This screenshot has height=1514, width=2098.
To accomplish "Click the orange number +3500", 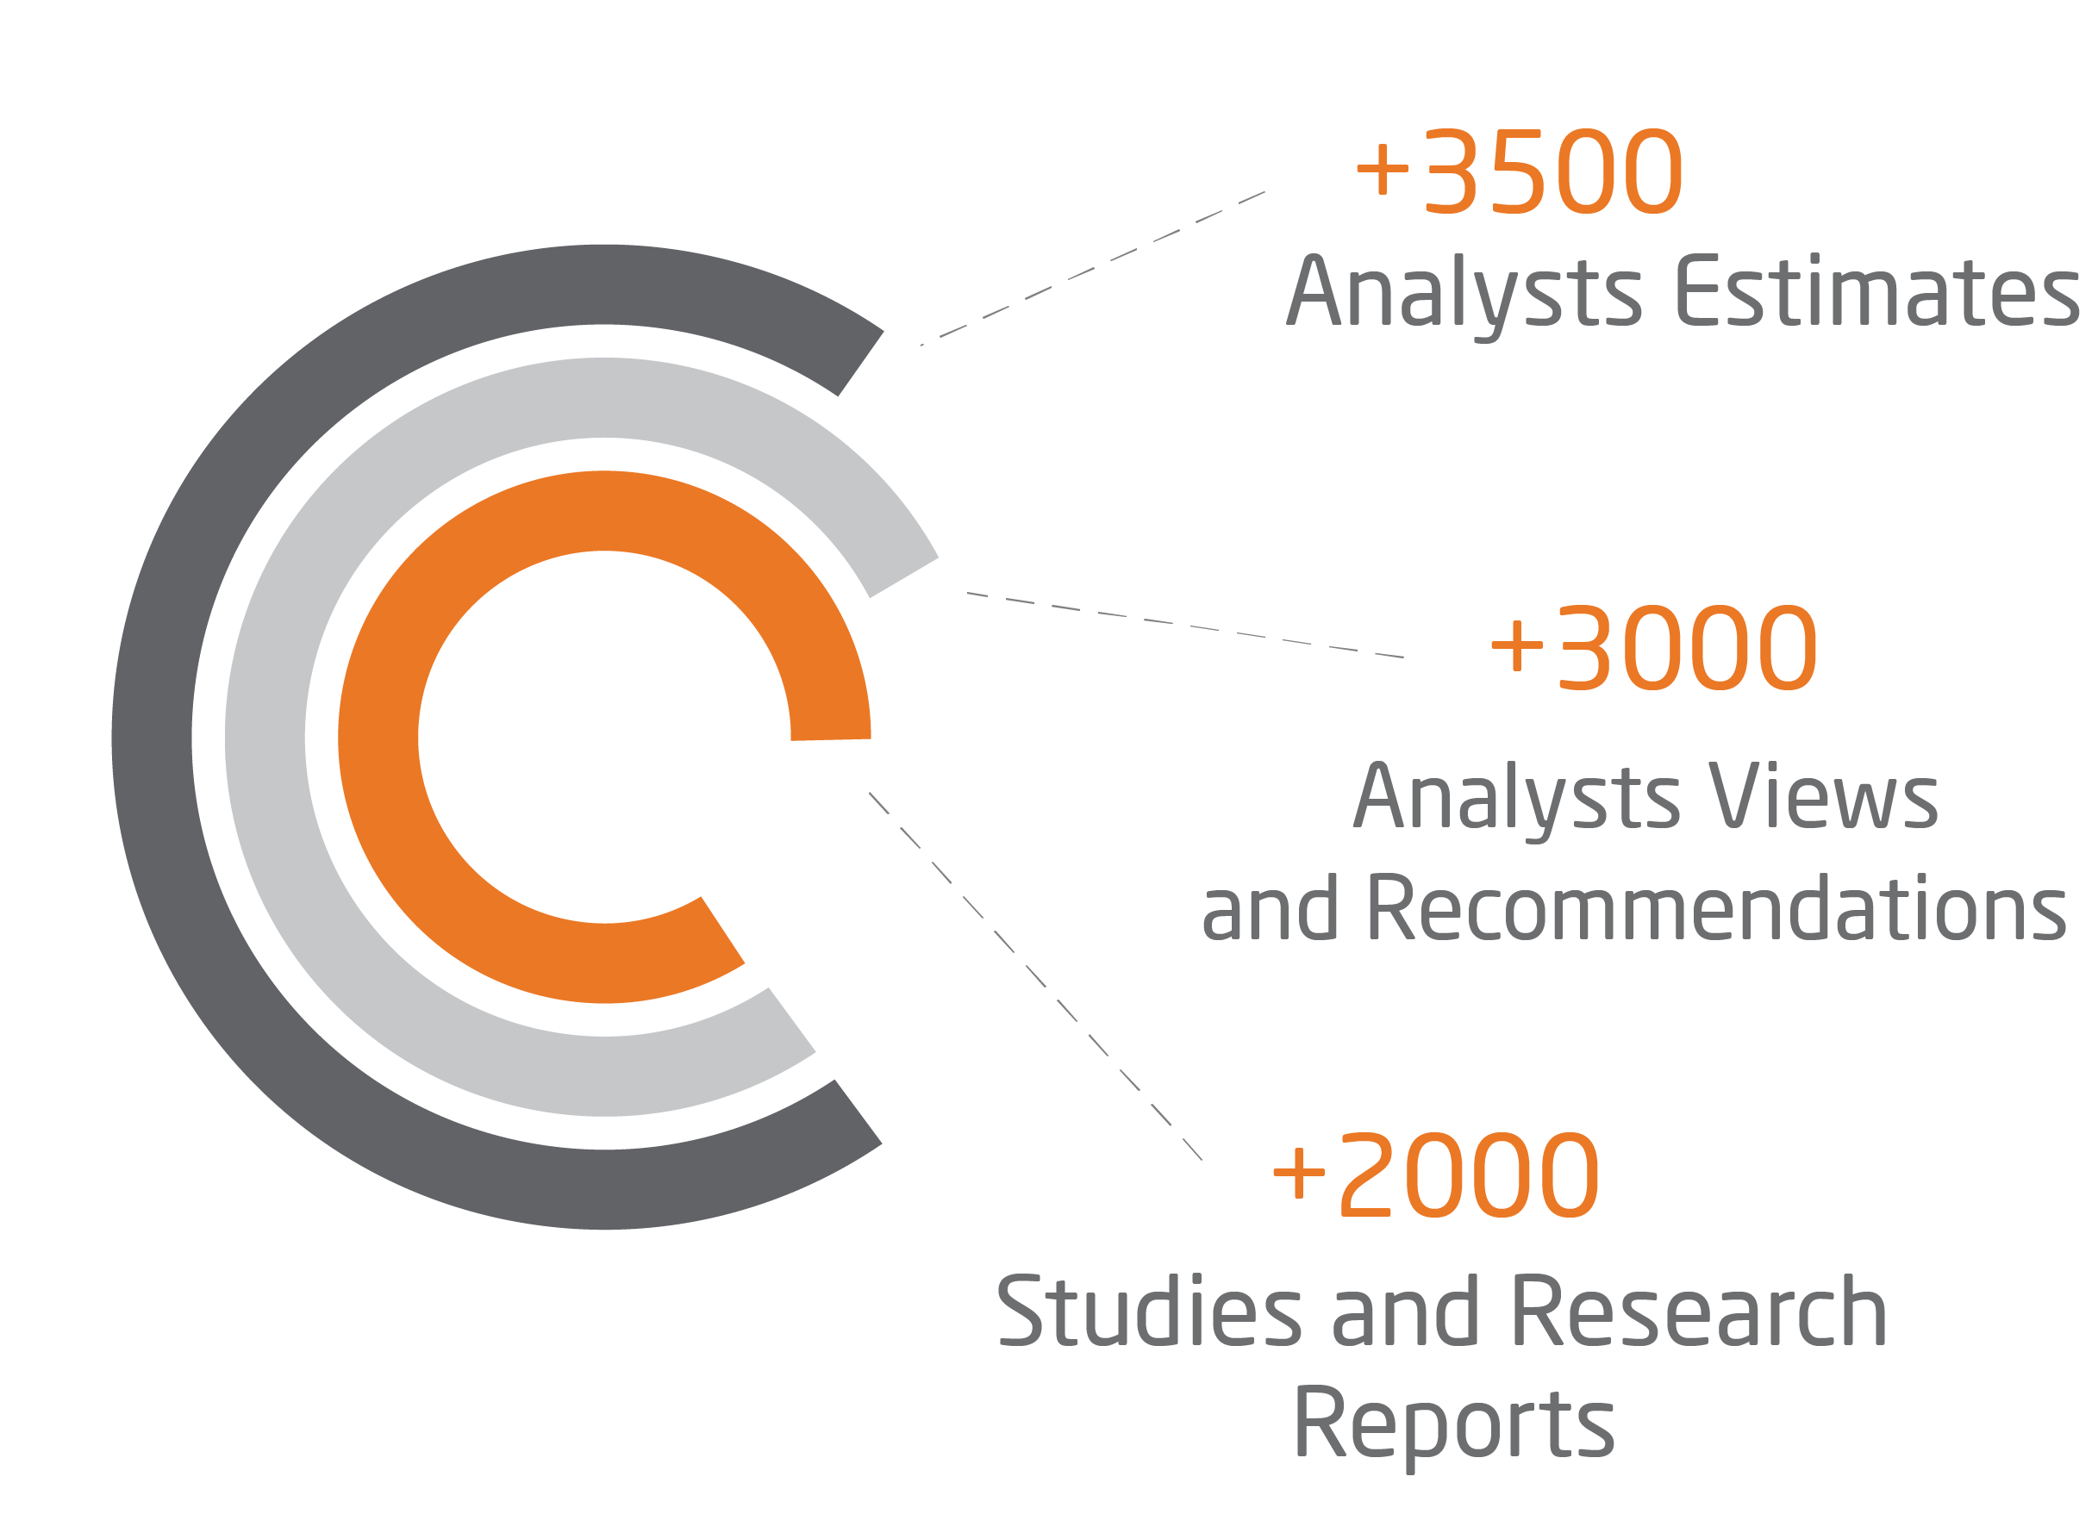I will click(x=1518, y=172).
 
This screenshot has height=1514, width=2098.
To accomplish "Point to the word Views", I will click(x=1823, y=797).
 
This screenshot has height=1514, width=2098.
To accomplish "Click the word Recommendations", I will click(x=1716, y=908).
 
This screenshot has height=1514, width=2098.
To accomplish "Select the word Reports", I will click(x=1453, y=1424).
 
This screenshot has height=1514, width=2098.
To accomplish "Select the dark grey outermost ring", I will click(x=153, y=740).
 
